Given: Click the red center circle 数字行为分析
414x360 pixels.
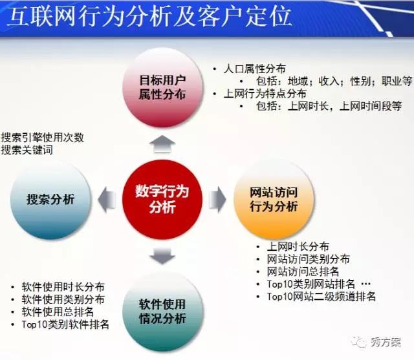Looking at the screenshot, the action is click(x=162, y=199).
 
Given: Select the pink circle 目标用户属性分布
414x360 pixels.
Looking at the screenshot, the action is click(x=162, y=87).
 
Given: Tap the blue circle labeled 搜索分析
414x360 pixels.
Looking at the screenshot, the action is click(x=50, y=199).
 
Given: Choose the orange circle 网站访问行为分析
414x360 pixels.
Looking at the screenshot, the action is click(x=274, y=199).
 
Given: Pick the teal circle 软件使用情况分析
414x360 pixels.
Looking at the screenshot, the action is click(x=162, y=312).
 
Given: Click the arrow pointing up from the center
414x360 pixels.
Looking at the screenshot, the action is click(x=162, y=143).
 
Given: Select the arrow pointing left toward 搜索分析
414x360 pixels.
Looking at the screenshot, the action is click(x=107, y=199).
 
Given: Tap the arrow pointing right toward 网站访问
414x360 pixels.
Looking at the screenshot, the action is click(x=217, y=199).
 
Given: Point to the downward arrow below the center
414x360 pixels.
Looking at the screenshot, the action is click(x=162, y=255).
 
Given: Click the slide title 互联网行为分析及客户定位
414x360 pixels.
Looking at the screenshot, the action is click(x=149, y=17).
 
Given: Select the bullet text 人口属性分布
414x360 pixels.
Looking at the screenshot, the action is click(x=254, y=69).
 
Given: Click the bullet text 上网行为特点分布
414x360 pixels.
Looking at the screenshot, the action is click(x=265, y=94).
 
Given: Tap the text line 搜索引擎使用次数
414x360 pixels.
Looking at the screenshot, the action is click(x=43, y=138).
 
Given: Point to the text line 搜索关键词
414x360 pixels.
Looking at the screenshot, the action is click(x=27, y=150).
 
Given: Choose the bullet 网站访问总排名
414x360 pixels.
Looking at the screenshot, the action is click(x=303, y=271).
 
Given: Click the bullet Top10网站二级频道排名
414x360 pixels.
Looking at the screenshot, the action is click(x=321, y=297).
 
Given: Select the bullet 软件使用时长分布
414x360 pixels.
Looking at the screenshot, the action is click(x=63, y=287).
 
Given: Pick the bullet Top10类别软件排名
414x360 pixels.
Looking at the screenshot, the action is click(x=65, y=324).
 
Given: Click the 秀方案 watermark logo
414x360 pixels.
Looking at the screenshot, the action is click(x=376, y=342).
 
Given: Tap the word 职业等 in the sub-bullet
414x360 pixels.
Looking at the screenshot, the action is click(x=397, y=81).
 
